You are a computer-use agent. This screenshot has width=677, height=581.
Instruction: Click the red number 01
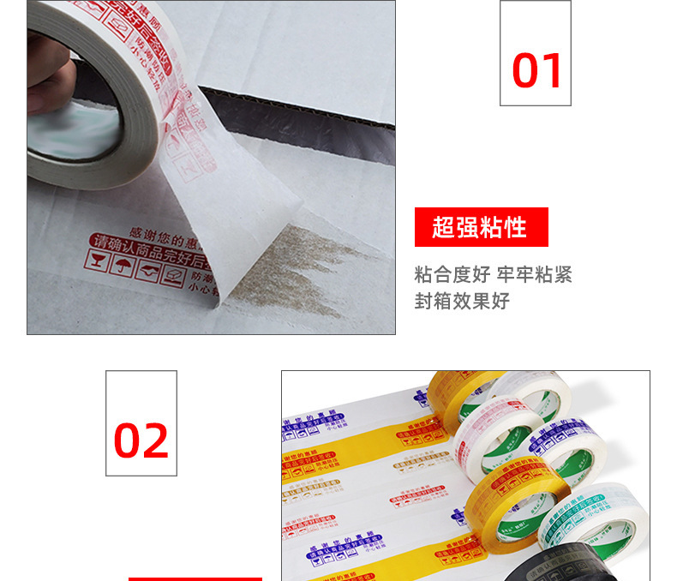point(536,71)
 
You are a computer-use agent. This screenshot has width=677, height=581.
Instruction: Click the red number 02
point(141,440)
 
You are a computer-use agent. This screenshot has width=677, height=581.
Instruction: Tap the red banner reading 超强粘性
point(480,227)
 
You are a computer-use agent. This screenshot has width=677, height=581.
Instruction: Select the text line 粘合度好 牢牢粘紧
point(493,275)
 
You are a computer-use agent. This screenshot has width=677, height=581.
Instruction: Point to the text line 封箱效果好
point(462,302)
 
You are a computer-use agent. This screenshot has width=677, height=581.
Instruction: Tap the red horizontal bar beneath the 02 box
point(195,578)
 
